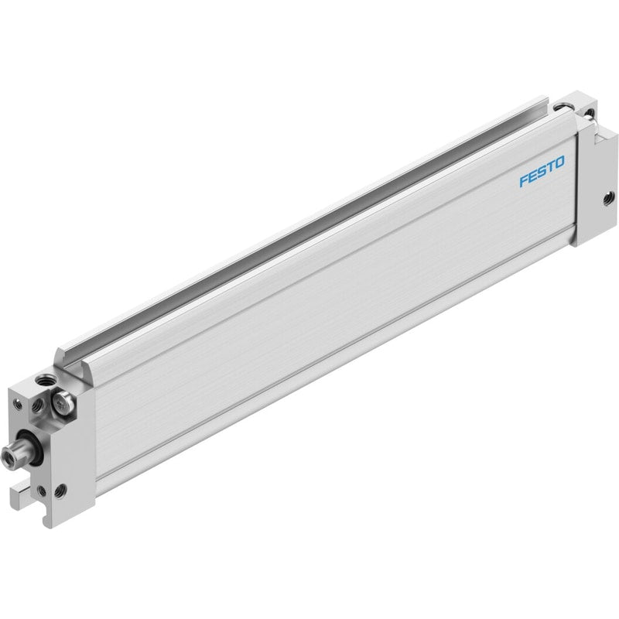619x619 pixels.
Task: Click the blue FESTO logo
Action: tap(542, 171)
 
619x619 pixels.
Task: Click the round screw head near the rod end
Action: tap(63, 403)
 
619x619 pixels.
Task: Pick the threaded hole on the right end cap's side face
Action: tap(609, 197)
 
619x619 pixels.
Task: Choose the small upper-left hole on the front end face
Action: tap(17, 404)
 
